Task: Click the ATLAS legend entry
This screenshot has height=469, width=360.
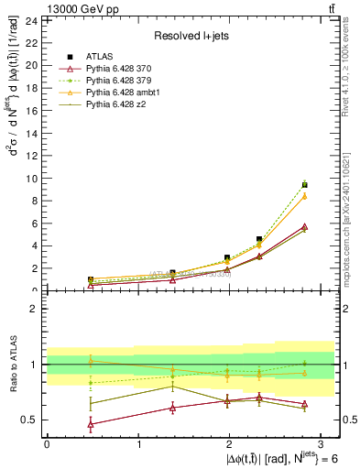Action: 100,57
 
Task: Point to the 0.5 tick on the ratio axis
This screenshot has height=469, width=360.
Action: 31,420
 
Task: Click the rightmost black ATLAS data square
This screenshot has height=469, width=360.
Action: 304,185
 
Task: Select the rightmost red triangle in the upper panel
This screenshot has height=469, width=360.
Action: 304,226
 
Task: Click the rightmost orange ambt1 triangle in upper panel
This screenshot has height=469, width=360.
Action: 304,195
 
